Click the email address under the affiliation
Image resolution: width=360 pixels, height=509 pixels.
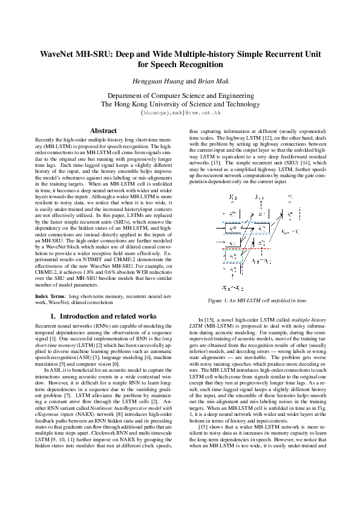(180, 112)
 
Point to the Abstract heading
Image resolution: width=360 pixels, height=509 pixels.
(103, 131)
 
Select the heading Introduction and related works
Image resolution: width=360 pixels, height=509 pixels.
(103, 316)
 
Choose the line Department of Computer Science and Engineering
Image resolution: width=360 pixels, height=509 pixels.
(180, 96)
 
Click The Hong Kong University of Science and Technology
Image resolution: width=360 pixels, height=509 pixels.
(180, 104)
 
